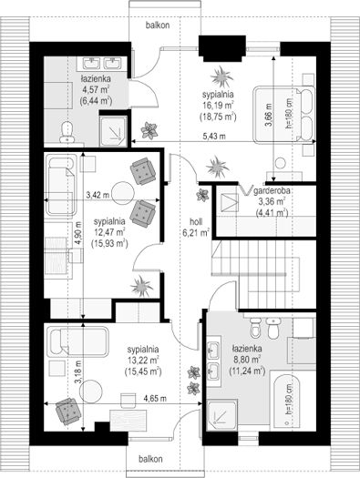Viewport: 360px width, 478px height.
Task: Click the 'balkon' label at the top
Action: coord(158,25)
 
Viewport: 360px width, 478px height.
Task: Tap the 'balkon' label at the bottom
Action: coord(150,459)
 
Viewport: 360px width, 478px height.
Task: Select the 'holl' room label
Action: coord(196,221)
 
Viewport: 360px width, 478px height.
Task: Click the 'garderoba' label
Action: coord(272,191)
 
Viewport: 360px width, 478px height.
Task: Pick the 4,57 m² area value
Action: coord(96,89)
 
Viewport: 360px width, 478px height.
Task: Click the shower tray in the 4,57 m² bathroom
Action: coord(114,129)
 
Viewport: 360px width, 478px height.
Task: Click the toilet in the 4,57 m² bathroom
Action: coord(67,132)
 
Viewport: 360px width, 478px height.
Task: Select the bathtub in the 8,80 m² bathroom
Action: coord(286,401)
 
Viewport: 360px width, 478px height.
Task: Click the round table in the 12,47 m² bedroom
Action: coord(123,193)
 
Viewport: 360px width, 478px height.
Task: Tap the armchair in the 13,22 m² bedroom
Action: coord(68,411)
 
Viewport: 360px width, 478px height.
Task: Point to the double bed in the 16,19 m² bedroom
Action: coord(284,114)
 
